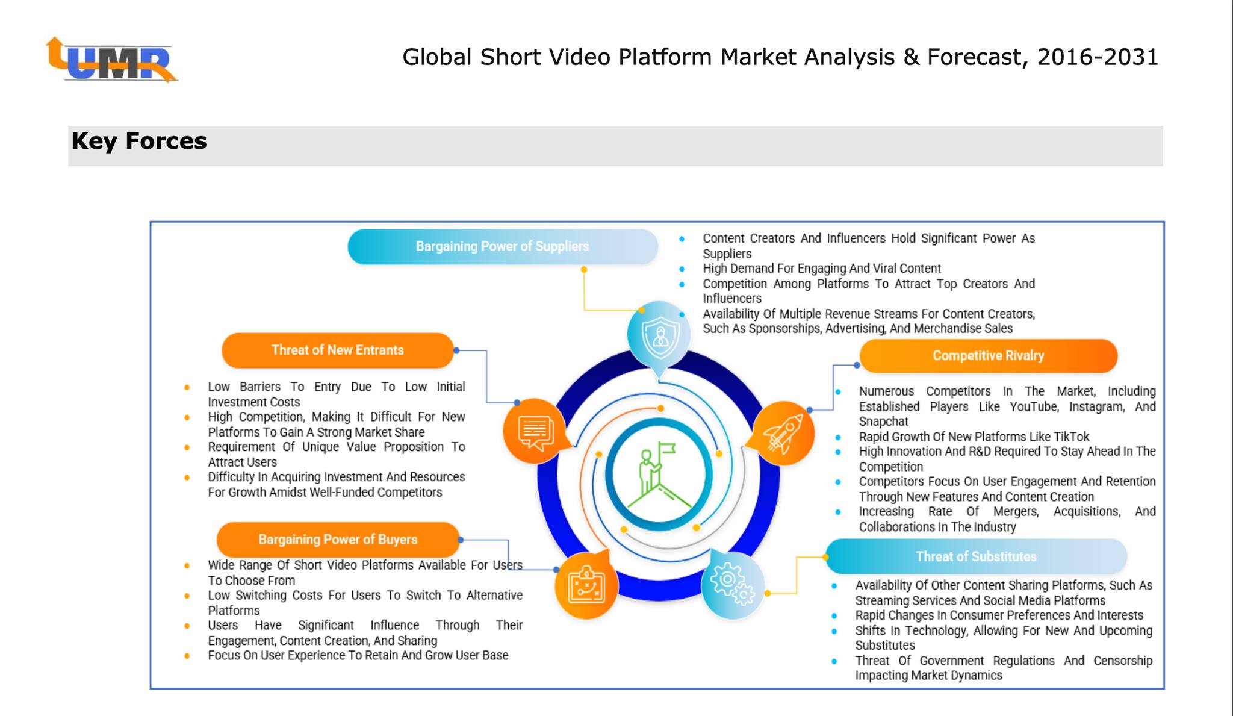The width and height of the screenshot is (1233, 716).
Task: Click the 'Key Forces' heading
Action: coord(139,142)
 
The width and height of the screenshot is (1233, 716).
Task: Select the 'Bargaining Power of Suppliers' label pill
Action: coord(502,246)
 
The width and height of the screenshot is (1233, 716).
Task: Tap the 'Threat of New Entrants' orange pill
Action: coord(337,350)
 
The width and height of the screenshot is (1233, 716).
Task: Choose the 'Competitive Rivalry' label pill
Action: coord(988,356)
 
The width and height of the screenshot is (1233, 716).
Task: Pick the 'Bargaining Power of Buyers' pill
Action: coord(338,540)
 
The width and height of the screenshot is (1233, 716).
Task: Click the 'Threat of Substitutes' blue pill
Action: coord(975,556)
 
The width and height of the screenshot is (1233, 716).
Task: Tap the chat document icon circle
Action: coord(535,431)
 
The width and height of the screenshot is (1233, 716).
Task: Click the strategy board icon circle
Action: coord(586,585)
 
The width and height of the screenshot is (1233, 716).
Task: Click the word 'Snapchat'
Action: coord(883,422)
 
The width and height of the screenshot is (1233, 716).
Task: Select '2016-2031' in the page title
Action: coord(1098,57)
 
